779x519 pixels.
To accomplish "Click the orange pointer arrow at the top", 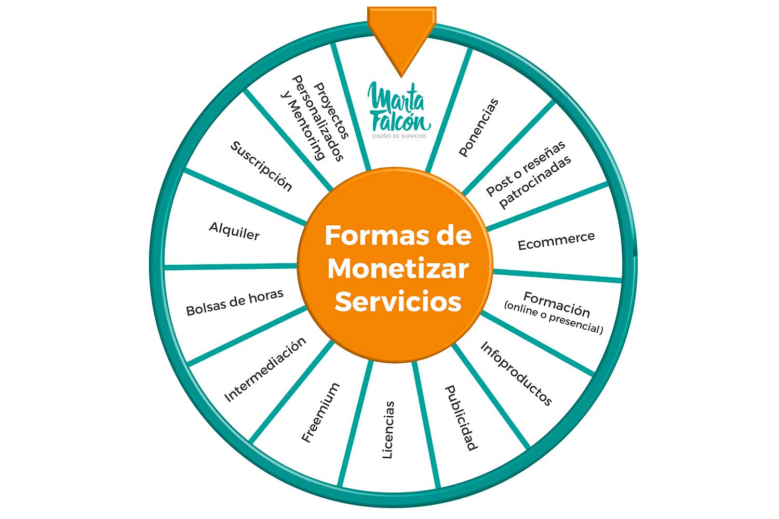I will tap(401, 36).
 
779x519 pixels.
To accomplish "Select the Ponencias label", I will tap(479, 127).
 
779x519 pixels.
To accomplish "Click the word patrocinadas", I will tap(535, 182).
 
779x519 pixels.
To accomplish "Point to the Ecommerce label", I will tap(556, 241).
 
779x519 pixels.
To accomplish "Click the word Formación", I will tap(557, 304).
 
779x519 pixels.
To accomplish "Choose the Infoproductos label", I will tap(516, 373).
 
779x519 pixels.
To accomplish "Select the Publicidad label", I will tap(461, 418).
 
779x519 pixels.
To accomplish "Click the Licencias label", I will tap(388, 430).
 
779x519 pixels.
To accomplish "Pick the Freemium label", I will tap(320, 413).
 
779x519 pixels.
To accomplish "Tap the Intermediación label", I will tap(265, 370).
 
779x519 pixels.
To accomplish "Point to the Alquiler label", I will tap(234, 231).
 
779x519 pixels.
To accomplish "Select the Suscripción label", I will tap(261, 167).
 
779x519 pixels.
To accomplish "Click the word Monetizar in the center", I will tap(398, 269).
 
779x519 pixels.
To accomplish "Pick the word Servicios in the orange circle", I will tap(398, 302).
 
